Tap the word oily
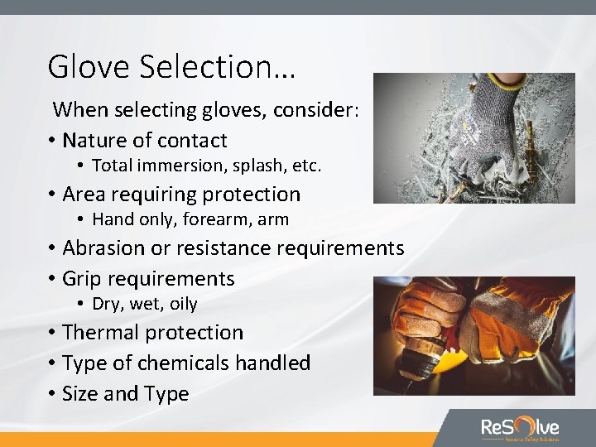click(184, 304)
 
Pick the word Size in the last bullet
click(81, 394)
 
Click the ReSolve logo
click(520, 428)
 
